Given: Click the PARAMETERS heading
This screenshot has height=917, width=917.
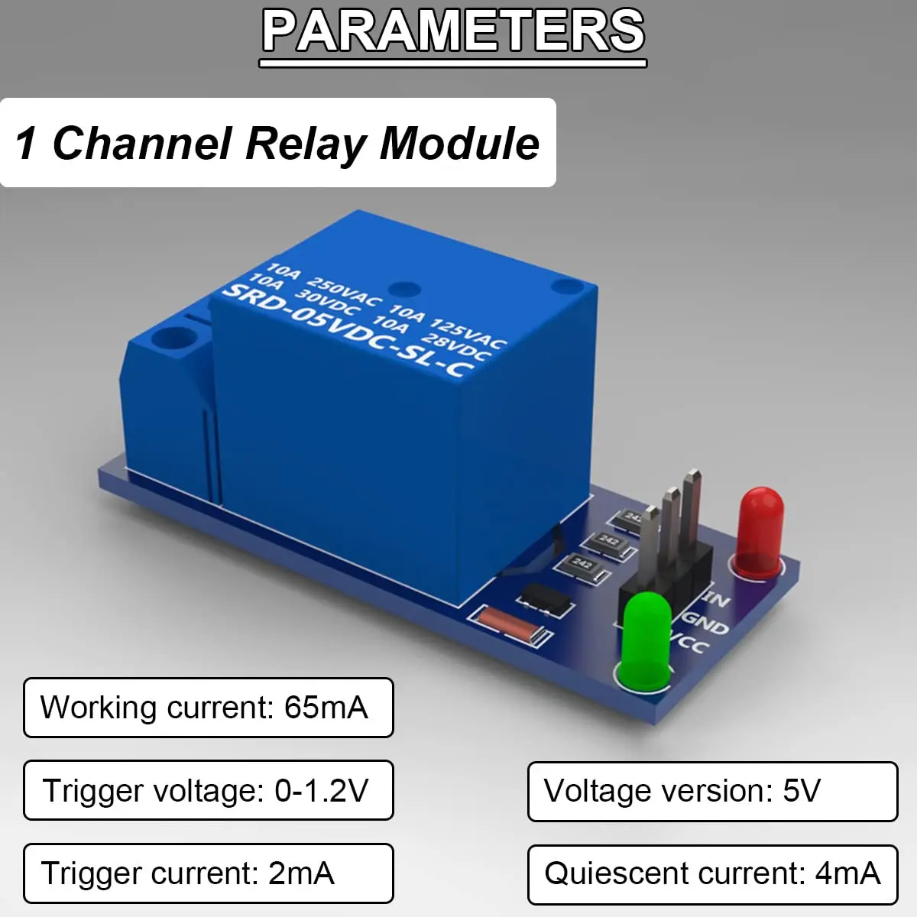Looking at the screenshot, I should (x=454, y=32).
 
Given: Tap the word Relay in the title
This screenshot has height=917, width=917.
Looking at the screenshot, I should (x=306, y=144).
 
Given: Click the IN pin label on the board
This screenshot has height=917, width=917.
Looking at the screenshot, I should (x=717, y=598).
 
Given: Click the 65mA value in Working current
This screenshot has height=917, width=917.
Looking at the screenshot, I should (x=326, y=708).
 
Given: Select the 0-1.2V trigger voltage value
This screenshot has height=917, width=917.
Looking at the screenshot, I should (x=321, y=790).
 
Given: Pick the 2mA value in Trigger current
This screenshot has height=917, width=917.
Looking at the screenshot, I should (x=301, y=873).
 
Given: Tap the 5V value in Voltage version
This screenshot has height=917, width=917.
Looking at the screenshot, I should (x=802, y=791).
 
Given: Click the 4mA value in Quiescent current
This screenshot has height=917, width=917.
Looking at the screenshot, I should (x=847, y=873).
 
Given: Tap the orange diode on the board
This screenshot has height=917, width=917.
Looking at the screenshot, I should (x=509, y=624).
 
